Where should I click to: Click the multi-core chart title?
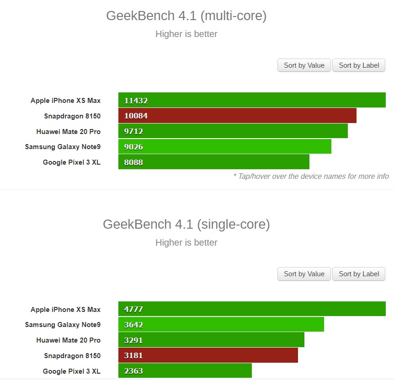tap(186, 16)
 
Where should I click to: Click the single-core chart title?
tap(186, 224)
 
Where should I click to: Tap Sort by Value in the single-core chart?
tap(304, 274)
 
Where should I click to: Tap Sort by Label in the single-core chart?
tap(359, 274)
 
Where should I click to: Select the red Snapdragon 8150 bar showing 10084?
tap(237, 116)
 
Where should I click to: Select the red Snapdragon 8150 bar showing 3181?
tap(208, 355)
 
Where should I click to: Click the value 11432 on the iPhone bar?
tap(136, 101)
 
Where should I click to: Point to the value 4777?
tap(133, 309)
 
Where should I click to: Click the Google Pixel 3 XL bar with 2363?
tap(185, 371)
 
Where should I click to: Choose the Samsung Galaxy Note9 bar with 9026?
tap(224, 147)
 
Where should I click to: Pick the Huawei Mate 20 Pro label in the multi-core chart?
tap(69, 131)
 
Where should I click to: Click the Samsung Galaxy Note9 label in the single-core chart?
tap(63, 325)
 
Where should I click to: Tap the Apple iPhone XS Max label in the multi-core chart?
tap(65, 100)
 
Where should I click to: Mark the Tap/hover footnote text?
tap(311, 176)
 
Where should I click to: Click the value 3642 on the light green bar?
tap(133, 325)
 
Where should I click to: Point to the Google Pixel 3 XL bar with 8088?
tap(213, 162)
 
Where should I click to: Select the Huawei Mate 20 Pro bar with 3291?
tap(211, 340)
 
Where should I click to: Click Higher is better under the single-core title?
tap(186, 242)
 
